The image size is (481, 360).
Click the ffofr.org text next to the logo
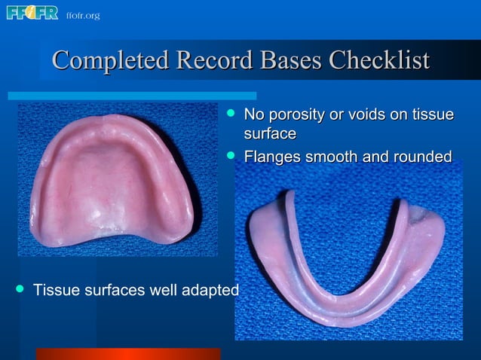pyautogui.click(x=82, y=15)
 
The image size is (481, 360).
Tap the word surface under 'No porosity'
pyautogui.click(x=269, y=134)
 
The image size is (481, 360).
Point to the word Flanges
pyautogui.click(x=271, y=157)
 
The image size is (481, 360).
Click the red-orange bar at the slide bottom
pyautogui.click(x=128, y=354)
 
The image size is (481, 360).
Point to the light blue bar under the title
pyautogui.click(x=132, y=96)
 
